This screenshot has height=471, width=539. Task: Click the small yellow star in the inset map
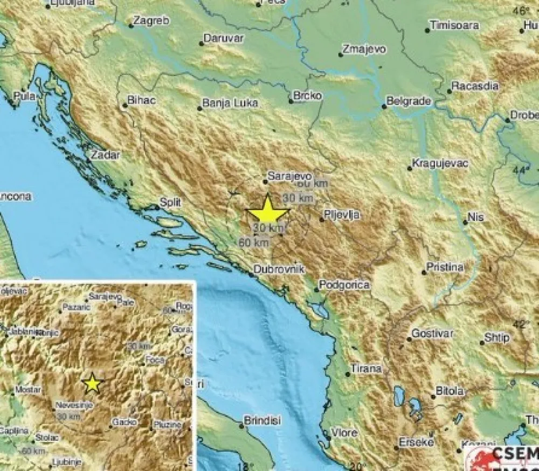coord(93,383)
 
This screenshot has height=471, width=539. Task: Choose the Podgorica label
coord(344,285)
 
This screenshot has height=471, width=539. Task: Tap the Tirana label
coord(367,369)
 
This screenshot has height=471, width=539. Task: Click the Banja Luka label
coord(230,103)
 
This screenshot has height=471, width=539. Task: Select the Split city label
coord(169,202)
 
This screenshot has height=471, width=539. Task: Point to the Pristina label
coord(445,267)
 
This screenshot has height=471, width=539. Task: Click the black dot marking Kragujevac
coord(410,169)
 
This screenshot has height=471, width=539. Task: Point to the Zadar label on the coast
coord(106,155)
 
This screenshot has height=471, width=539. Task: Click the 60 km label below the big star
coord(253,243)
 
